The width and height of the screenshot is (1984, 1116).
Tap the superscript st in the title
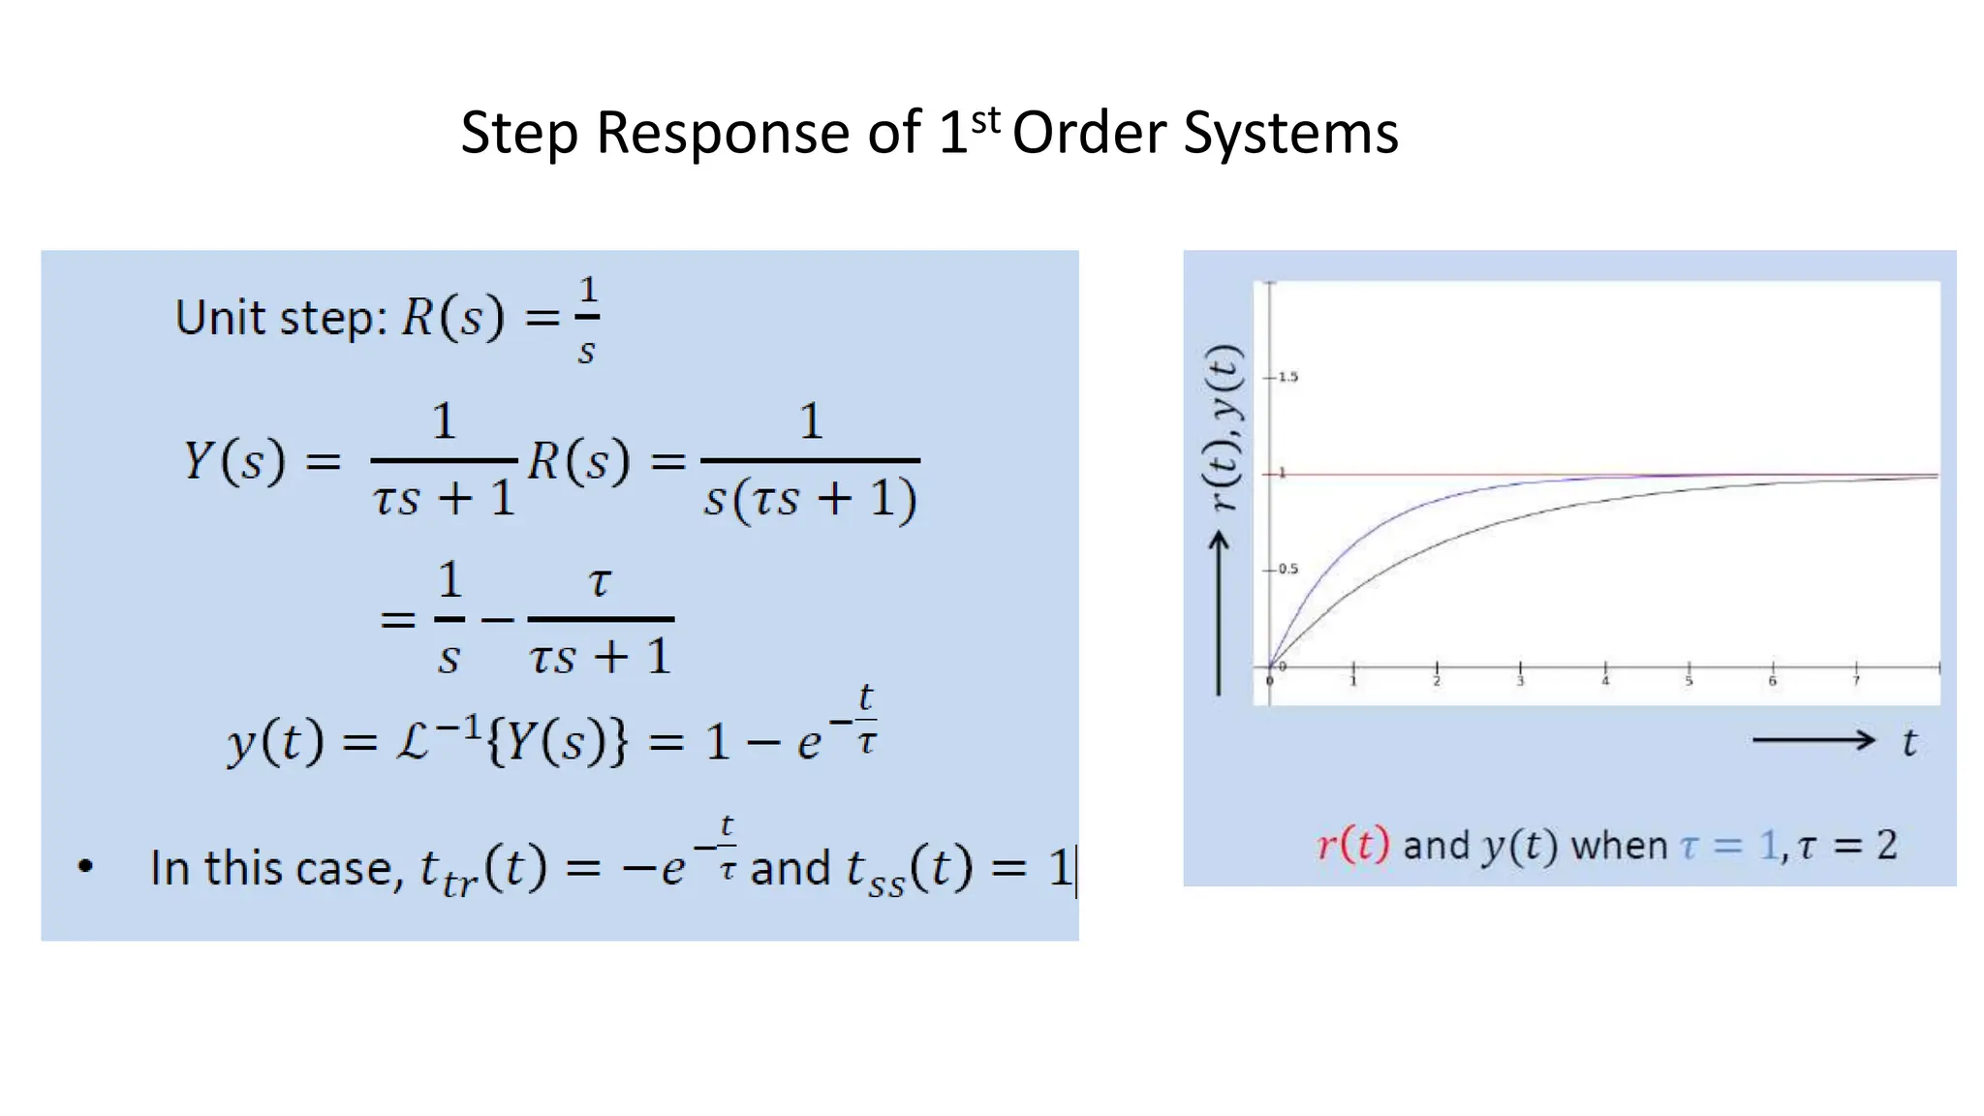985,121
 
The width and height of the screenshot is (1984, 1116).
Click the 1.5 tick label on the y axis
1287,377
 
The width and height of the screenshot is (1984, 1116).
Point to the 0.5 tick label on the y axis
1287,569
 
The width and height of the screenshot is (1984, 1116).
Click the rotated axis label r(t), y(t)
1224,427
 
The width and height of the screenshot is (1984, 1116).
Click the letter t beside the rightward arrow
1908,743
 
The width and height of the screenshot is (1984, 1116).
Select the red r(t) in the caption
1353,846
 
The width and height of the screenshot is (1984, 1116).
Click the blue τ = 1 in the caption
1729,846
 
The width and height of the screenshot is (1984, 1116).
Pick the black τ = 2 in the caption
1846,846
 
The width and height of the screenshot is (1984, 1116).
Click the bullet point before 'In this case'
85,866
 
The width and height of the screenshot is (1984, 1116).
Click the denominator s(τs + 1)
810,500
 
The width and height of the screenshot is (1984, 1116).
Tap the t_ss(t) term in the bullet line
909,869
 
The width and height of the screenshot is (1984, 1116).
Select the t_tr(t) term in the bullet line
482,869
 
